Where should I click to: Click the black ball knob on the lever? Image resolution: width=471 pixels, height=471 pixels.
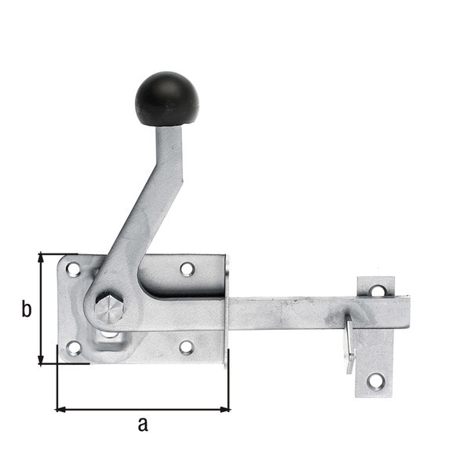click(x=166, y=99)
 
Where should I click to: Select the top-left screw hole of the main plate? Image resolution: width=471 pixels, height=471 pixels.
click(x=73, y=269)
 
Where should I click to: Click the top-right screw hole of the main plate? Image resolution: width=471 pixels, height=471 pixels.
click(x=187, y=269)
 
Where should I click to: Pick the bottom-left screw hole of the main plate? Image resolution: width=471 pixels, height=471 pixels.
click(x=73, y=347)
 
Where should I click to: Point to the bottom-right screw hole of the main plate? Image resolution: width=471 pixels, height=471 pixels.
click(x=186, y=347)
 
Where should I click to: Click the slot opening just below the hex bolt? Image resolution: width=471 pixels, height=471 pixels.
click(x=109, y=335)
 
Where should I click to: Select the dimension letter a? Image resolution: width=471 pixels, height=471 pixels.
click(x=142, y=425)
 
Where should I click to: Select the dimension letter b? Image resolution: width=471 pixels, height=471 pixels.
click(x=26, y=310)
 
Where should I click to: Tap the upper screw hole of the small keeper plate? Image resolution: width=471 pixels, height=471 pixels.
click(x=378, y=290)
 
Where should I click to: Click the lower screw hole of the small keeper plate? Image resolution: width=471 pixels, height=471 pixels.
click(x=377, y=382)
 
